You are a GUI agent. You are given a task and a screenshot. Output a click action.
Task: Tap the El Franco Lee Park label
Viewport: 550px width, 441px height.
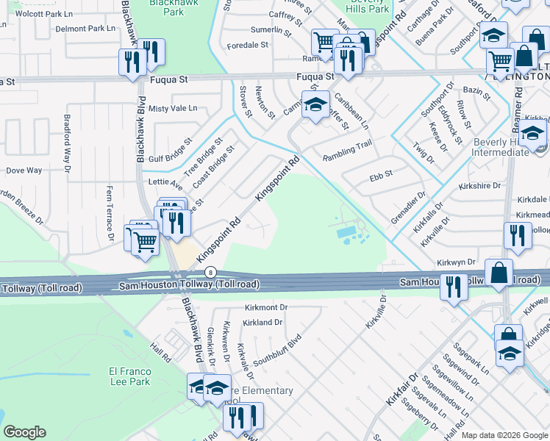[x=129, y=376]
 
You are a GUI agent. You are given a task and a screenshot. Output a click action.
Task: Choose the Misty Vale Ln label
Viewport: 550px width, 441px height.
[x=173, y=108]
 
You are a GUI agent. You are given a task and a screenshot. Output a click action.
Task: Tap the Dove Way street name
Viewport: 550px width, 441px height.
[x=24, y=171]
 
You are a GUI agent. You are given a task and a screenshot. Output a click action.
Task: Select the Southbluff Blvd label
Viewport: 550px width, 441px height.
[x=277, y=352]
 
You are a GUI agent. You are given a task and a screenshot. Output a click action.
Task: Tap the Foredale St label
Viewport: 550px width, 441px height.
[x=248, y=45]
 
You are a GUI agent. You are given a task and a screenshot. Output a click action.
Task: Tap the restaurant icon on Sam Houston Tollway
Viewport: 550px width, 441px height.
[x=454, y=285]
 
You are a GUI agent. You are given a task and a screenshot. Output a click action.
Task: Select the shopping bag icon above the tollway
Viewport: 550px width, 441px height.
[x=499, y=271]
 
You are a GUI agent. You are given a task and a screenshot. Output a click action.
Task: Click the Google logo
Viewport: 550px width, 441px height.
[x=24, y=432]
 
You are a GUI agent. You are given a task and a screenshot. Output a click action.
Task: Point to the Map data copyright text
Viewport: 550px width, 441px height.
[x=504, y=435]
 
